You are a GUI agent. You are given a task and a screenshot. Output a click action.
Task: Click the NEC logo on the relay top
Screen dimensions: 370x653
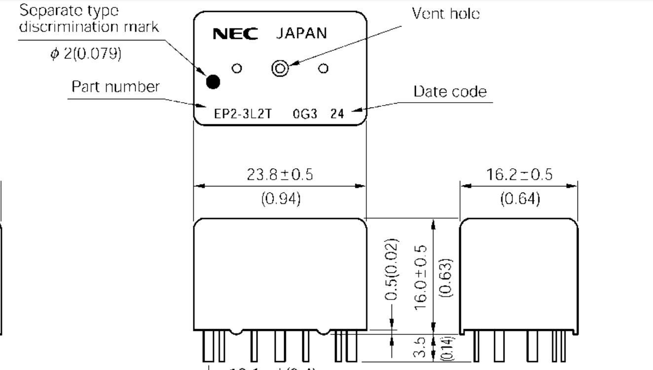pos(235,34)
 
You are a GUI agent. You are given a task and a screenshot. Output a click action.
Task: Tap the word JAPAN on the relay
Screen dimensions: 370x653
pos(301,34)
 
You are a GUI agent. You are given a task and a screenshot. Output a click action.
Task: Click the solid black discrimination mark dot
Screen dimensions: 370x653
pos(213,81)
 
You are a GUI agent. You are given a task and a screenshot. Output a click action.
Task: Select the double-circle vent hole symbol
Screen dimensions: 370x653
pos(280,69)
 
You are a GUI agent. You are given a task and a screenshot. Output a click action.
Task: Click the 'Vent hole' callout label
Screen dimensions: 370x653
pos(446,14)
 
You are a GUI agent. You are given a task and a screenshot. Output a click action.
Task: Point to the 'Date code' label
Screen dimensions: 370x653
pos(450,92)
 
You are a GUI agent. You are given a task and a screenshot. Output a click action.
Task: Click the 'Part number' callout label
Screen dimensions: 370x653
pos(116,87)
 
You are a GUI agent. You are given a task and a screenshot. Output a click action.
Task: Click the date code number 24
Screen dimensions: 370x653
pos(337,114)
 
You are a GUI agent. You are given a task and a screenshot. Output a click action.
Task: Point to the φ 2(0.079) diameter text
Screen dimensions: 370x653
pos(85,53)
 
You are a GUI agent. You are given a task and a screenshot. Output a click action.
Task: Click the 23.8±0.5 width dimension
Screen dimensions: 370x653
pos(280,175)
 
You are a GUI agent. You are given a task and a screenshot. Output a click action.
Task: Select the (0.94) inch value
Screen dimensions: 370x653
pos(280,199)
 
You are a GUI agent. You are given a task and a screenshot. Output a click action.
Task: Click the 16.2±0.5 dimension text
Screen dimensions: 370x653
pos(519,174)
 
